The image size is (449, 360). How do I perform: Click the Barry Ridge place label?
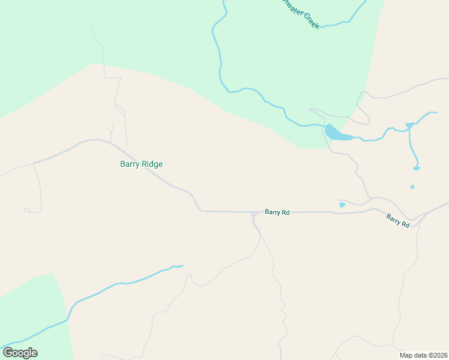click(141, 164)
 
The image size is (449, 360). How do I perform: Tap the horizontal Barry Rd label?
click(277, 212)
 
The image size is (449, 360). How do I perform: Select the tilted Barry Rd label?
click(398, 220)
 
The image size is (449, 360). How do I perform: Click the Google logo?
click(20, 353)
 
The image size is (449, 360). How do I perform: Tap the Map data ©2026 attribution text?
click(423, 355)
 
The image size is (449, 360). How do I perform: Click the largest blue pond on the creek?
click(337, 133)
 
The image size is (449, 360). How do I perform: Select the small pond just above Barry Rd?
click(342, 205)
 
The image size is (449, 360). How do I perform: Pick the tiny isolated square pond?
click(412, 187)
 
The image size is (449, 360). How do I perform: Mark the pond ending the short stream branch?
click(416, 168)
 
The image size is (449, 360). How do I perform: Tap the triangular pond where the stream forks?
click(409, 125)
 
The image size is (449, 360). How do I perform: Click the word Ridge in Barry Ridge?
click(152, 164)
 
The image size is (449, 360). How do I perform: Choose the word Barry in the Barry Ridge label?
click(130, 164)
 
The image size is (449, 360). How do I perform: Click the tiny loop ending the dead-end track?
click(26, 209)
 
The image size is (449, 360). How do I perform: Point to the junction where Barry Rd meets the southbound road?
click(254, 214)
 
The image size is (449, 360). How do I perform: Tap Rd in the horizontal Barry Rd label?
click(286, 212)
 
